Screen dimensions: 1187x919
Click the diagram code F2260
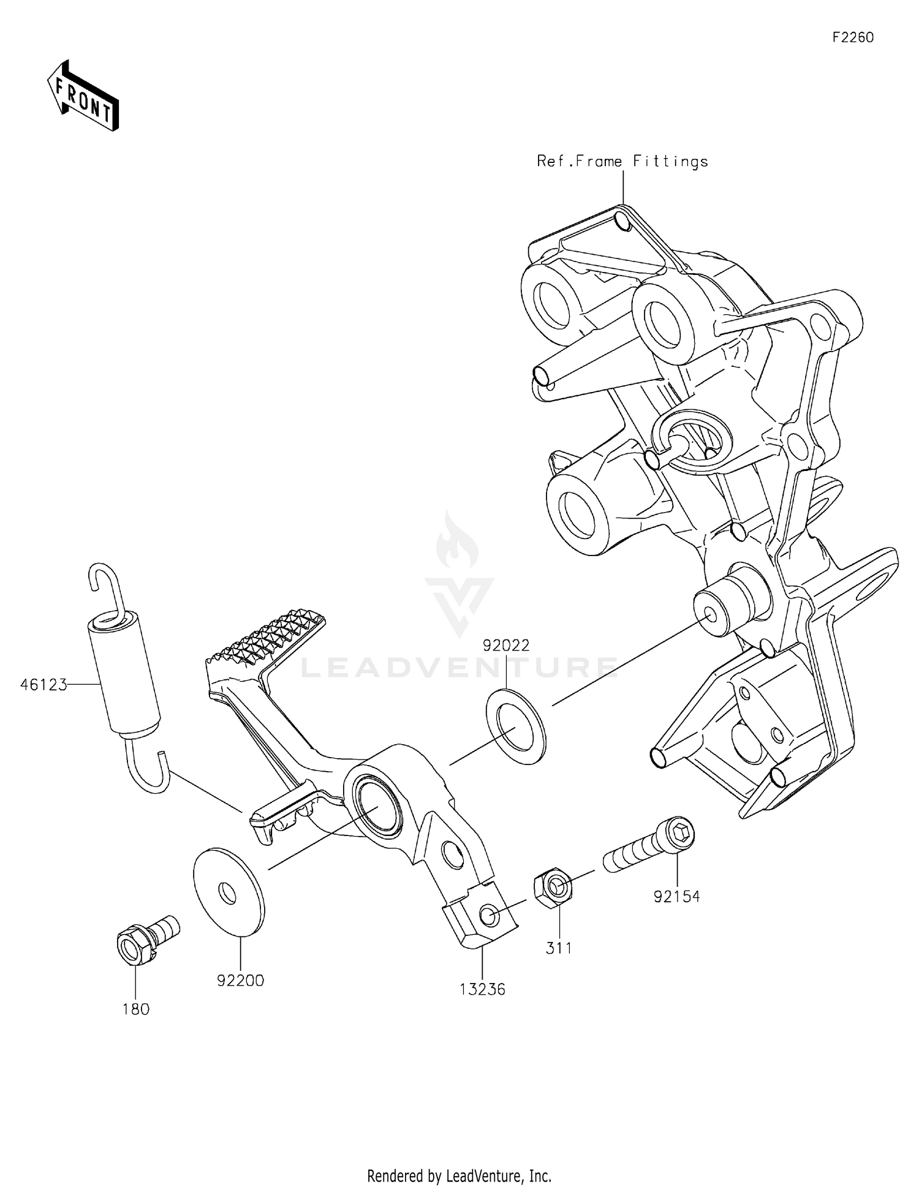[852, 38]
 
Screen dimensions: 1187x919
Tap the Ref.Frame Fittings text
[622, 162]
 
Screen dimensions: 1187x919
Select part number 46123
[43, 685]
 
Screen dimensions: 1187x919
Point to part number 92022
[506, 646]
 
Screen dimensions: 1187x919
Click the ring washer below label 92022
[515, 725]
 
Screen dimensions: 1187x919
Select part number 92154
[676, 897]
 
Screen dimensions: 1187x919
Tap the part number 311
[559, 948]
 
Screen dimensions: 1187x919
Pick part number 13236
[483, 989]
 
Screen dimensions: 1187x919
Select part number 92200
[240, 981]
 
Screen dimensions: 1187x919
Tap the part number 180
[135, 1009]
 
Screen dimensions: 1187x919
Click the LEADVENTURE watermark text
[459, 668]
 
